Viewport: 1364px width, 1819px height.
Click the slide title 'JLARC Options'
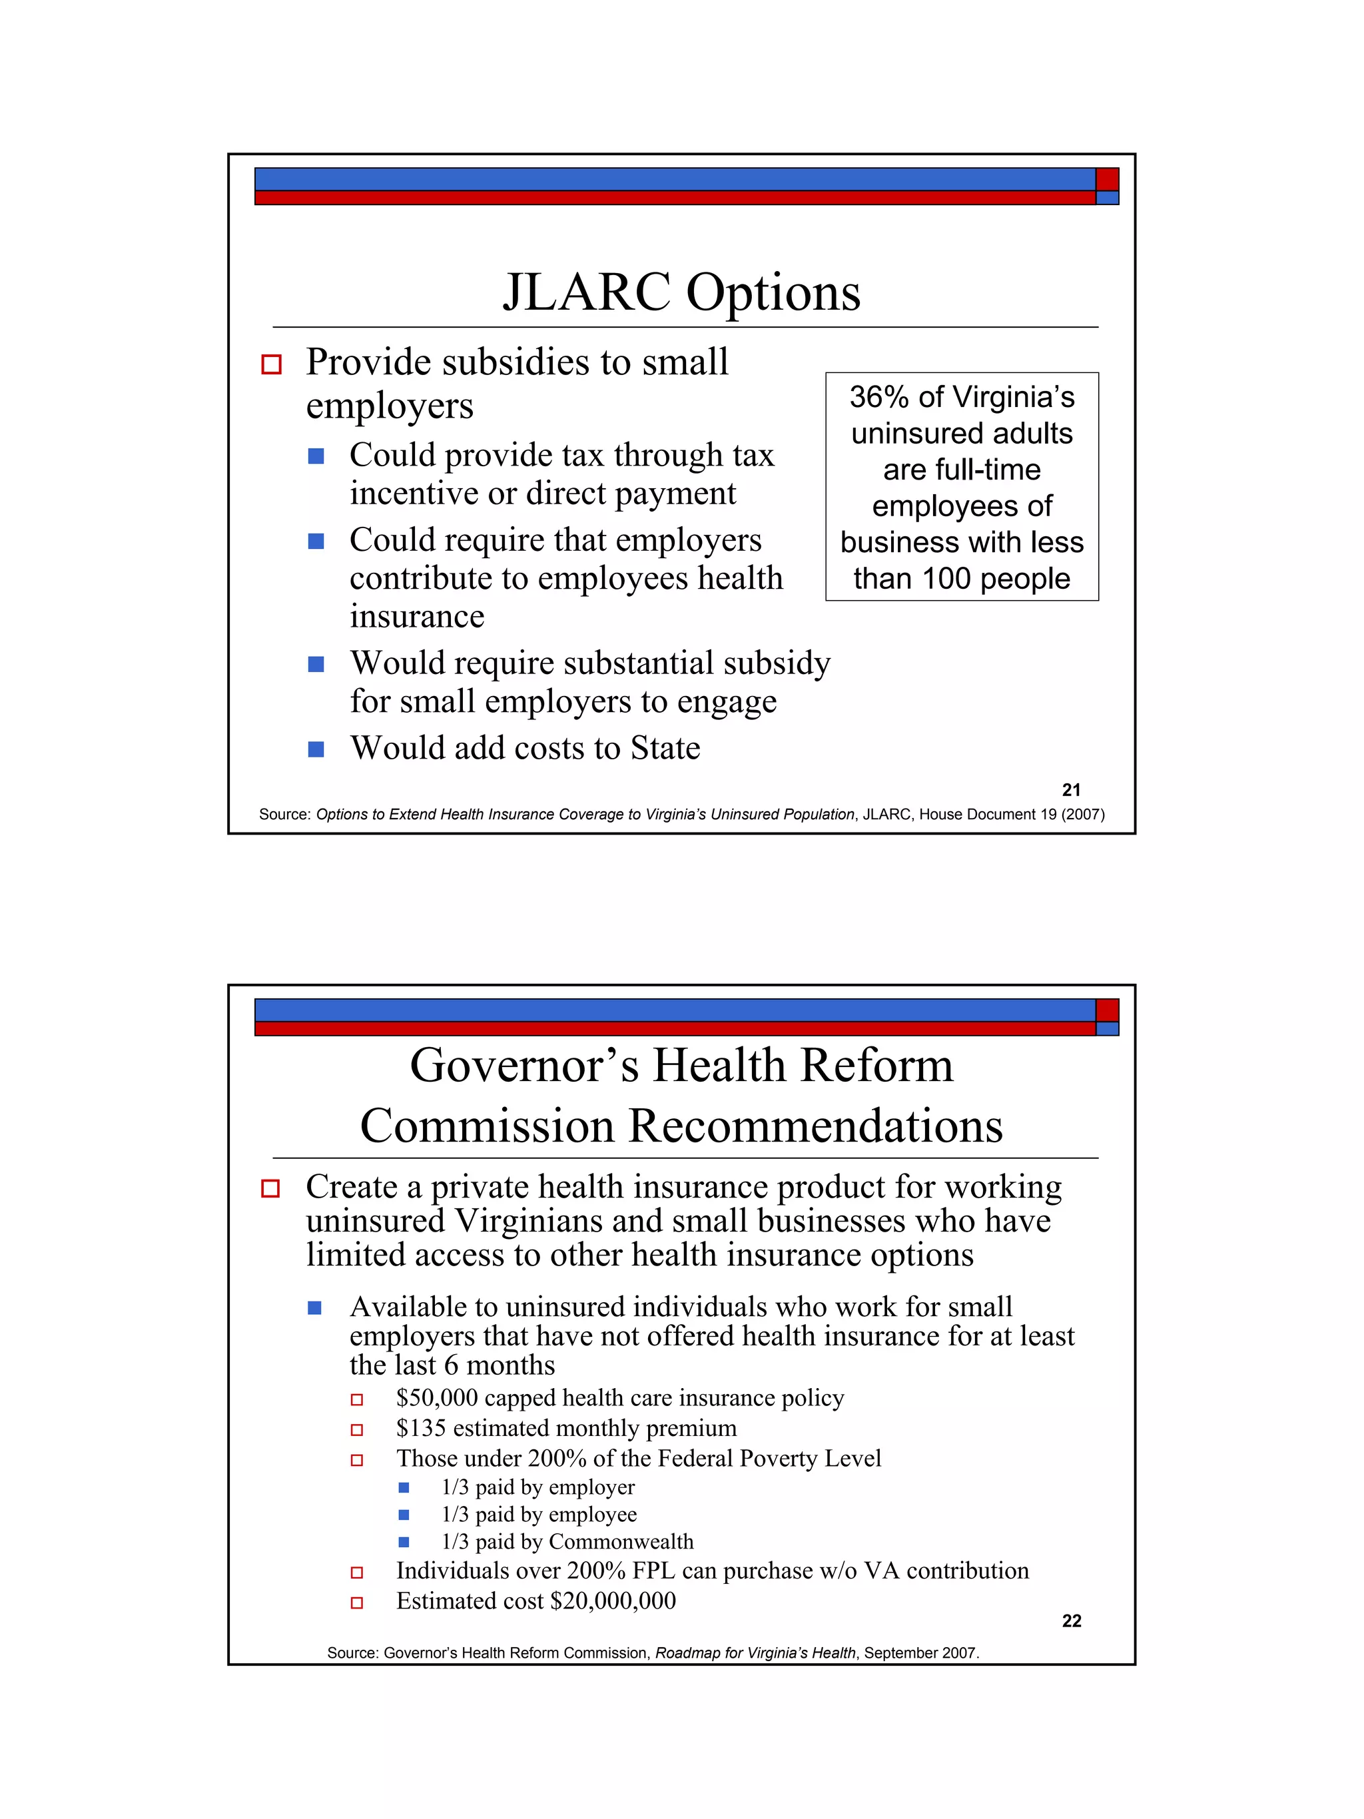click(x=681, y=293)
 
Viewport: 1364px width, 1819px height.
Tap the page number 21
click(x=1070, y=790)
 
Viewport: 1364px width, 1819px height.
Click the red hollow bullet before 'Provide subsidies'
click(x=271, y=364)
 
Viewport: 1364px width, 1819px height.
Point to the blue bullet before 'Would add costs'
click(x=316, y=749)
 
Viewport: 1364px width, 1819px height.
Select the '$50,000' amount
click(x=437, y=1398)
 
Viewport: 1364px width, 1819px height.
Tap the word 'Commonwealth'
click(x=621, y=1542)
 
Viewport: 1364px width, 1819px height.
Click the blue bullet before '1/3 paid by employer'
click(x=404, y=1487)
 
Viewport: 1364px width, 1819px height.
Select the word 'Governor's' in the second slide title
click(x=523, y=1066)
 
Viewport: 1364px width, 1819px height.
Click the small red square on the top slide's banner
click(x=1107, y=179)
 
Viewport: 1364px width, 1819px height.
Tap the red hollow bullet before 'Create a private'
click(x=270, y=1188)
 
